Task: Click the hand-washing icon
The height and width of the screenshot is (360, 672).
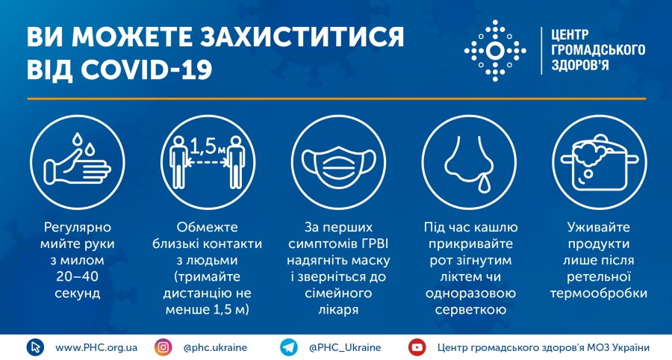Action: [77, 162]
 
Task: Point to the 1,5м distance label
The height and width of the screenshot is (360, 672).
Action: [208, 146]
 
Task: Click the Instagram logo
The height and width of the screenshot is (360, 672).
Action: [164, 347]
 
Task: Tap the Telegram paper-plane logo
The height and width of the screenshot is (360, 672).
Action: [289, 347]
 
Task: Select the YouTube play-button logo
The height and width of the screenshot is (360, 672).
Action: [417, 347]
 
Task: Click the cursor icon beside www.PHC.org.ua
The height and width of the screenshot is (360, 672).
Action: [35, 347]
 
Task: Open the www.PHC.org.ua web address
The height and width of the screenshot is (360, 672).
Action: [96, 347]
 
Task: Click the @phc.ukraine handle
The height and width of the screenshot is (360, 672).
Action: [215, 347]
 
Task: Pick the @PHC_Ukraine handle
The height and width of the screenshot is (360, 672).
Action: [345, 347]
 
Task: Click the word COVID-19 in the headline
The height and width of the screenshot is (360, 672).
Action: [146, 69]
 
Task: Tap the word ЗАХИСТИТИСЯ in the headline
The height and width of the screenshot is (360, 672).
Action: [302, 37]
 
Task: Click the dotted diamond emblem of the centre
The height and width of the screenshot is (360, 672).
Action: [495, 51]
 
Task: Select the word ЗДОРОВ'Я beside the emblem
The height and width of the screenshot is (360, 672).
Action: [579, 65]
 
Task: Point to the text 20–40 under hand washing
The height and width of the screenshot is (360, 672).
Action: [77, 276]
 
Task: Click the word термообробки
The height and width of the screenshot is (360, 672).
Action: [599, 294]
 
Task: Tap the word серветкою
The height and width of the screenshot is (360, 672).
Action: [470, 310]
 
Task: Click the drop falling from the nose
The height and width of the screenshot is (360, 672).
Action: [485, 184]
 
